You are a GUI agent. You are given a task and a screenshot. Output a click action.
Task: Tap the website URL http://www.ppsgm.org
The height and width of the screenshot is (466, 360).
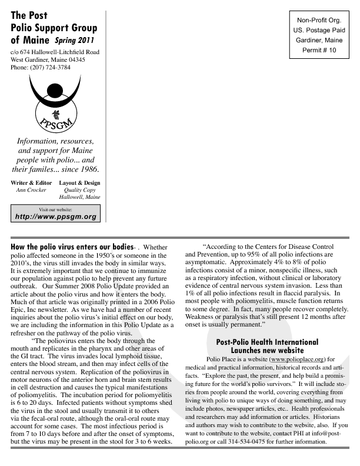[x=55, y=217]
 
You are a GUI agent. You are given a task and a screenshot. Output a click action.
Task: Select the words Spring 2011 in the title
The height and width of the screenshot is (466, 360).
[x=74, y=41]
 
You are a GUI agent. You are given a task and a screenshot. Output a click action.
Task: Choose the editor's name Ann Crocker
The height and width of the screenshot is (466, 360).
[x=27, y=191]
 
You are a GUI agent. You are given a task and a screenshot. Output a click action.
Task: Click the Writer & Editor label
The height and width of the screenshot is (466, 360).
[x=27, y=182]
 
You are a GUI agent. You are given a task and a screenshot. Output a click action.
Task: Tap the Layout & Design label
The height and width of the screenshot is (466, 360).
[x=80, y=182]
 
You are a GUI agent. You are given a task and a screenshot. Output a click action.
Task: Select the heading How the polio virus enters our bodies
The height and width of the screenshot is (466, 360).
[x=72, y=247]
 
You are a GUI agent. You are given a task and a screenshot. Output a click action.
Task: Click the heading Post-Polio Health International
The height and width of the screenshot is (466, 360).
[x=267, y=342]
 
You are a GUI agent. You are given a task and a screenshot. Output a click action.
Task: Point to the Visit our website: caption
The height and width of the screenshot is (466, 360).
[x=55, y=209]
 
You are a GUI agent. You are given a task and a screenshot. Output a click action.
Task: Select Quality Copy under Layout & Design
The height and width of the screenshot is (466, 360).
[x=80, y=191]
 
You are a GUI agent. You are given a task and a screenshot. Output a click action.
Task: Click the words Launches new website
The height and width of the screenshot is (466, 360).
[x=267, y=350]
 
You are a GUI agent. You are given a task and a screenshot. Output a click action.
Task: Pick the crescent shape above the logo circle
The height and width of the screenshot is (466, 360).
[x=55, y=94]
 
